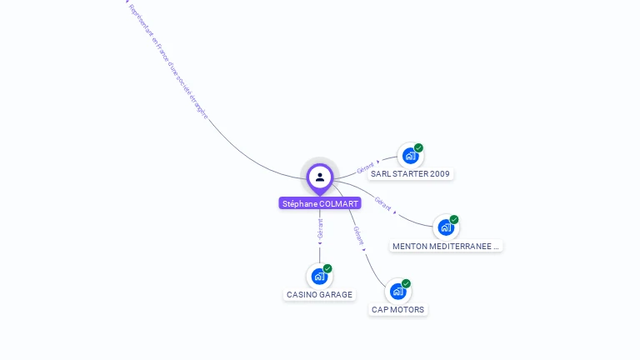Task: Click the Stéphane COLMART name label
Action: tap(320, 203)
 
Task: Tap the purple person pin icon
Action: tap(320, 177)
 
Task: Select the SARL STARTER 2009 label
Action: tap(410, 174)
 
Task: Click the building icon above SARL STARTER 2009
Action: tap(409, 156)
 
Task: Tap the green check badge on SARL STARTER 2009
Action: tap(418, 148)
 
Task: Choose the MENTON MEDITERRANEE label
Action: tap(446, 246)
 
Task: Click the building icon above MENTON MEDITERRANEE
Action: tap(445, 227)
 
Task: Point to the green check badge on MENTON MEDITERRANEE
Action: tap(454, 220)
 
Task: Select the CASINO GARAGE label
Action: tap(319, 294)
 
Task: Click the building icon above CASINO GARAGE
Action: tap(318, 276)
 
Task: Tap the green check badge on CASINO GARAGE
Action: tap(327, 268)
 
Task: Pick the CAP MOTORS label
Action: tap(397, 309)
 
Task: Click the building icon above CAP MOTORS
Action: tap(397, 291)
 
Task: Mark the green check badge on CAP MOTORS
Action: tap(406, 283)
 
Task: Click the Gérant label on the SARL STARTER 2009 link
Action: tap(365, 167)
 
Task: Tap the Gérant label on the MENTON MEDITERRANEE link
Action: tap(382, 203)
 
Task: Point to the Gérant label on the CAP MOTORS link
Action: tap(358, 235)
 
